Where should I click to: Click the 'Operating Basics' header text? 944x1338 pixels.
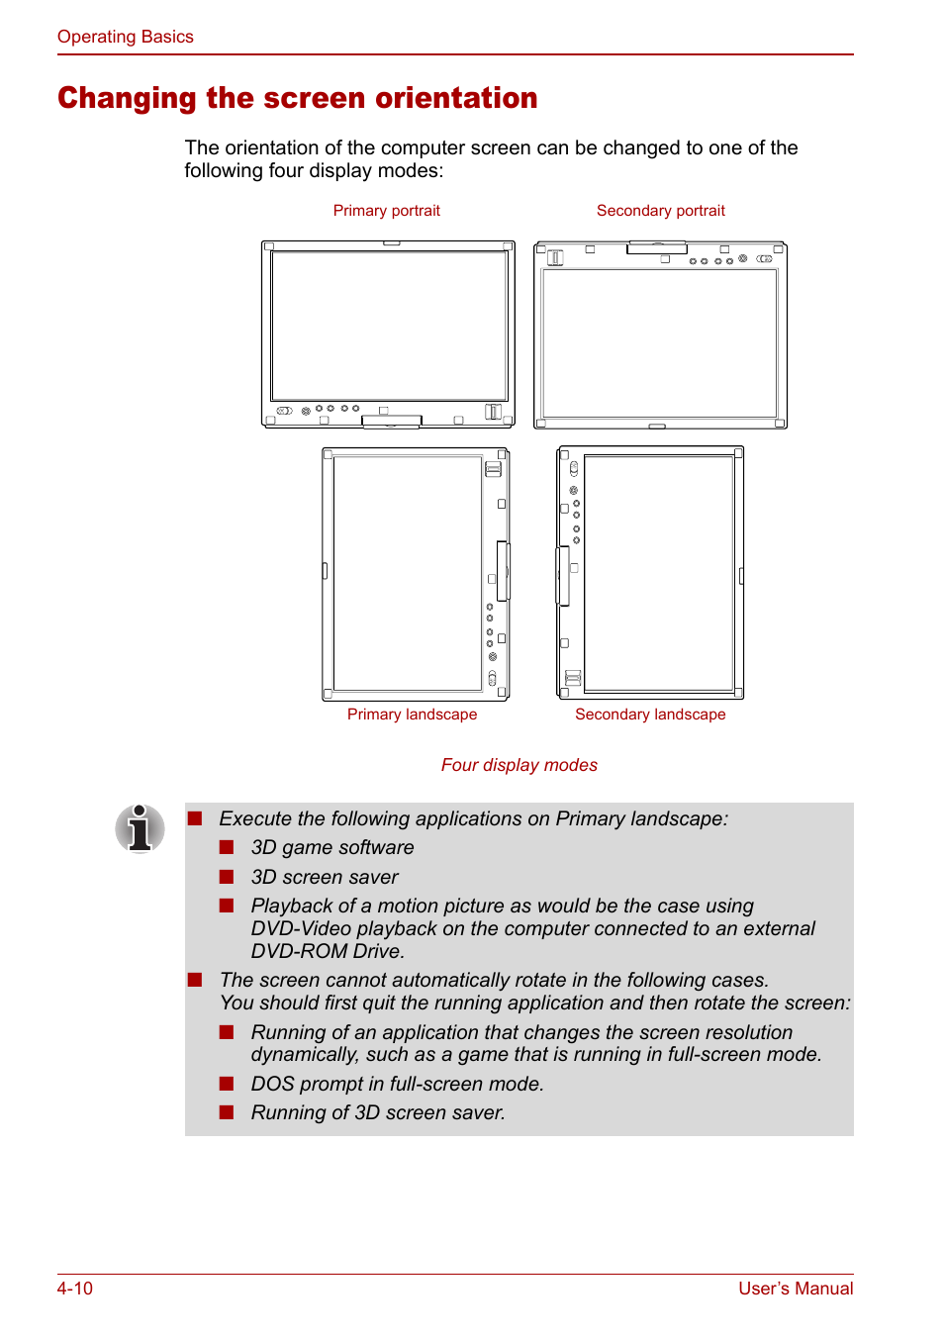coord(126,37)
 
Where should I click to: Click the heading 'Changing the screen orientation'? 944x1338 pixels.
coord(297,98)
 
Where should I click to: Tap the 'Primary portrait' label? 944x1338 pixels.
coord(386,211)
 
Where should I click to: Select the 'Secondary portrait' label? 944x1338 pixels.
coord(660,211)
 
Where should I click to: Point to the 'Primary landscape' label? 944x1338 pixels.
coord(412,715)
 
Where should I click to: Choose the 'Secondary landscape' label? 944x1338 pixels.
coord(650,715)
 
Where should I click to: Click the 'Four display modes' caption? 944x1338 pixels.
coord(519,765)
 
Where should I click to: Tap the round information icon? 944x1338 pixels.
coord(140,828)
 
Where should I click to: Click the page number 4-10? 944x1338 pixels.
coord(75,1289)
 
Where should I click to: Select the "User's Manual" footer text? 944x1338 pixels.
coord(796,1289)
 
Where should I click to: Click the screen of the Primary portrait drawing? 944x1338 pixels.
coord(389,326)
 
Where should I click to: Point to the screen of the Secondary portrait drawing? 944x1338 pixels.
coord(660,342)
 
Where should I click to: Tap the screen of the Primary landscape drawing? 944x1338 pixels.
coord(408,573)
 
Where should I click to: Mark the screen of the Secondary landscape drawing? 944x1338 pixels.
coord(659,573)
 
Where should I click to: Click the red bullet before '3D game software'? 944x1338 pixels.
coord(227,847)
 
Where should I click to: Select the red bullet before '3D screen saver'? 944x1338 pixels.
coord(227,877)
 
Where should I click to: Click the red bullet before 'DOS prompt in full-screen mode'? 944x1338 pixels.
coord(227,1084)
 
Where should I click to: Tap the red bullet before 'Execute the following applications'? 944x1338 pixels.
coord(195,818)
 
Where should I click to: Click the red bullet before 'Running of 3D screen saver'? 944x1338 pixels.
coord(227,1112)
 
